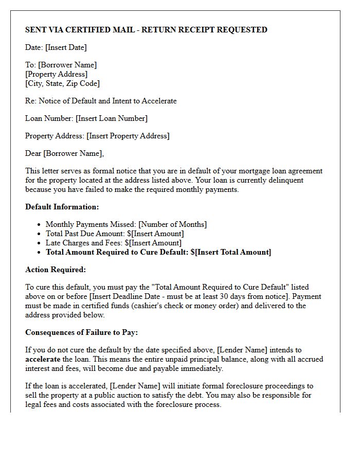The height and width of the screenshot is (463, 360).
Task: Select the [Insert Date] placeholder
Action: click(66, 47)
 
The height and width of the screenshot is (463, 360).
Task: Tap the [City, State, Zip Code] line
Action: click(62, 83)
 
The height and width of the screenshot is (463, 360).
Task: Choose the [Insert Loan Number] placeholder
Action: click(112, 118)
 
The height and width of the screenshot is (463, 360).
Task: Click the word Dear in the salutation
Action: click(33, 153)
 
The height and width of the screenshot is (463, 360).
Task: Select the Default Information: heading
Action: click(62, 207)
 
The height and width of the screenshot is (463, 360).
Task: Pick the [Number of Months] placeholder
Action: click(173, 224)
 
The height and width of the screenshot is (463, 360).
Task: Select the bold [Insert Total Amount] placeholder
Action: click(233, 252)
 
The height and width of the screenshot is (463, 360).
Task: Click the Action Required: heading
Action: click(56, 270)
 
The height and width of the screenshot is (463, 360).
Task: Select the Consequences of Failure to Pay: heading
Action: click(81, 332)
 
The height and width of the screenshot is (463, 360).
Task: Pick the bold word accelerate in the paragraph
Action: click(43, 359)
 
